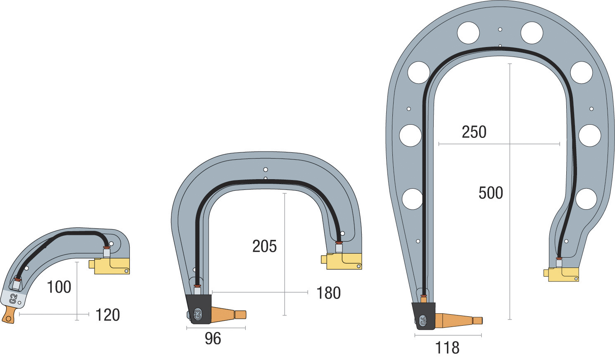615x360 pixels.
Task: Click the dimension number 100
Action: tap(59, 287)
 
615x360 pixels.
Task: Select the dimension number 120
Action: tap(107, 315)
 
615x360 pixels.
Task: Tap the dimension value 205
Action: tap(264, 246)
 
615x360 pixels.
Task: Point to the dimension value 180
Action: tap(328, 293)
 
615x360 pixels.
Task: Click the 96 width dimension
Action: tap(213, 339)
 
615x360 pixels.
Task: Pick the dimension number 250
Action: tap(474, 132)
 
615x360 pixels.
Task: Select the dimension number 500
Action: tap(491, 193)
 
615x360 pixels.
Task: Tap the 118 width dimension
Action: tap(447, 348)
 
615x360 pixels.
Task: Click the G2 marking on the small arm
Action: tap(13, 299)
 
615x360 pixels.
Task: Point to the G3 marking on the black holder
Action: tap(197, 315)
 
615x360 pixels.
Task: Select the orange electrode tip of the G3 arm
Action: tap(229, 315)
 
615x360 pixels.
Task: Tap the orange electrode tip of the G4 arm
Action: tap(458, 320)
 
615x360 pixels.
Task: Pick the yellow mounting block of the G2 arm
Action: tap(111, 265)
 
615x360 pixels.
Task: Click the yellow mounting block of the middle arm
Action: tap(343, 261)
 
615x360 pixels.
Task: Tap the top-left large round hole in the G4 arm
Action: tap(468, 33)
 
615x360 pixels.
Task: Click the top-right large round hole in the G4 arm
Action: tap(532, 33)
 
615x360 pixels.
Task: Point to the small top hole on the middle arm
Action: tap(265, 170)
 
